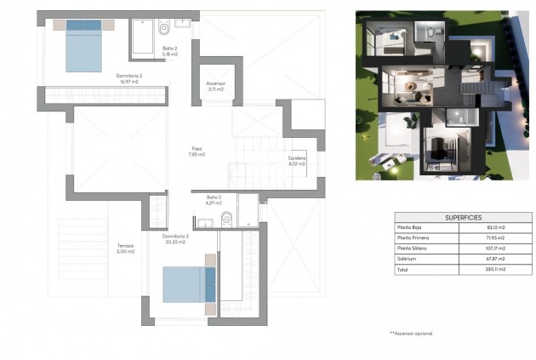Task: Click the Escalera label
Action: [296, 161]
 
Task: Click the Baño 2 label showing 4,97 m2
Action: [213, 201]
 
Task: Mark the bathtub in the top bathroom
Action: [142, 37]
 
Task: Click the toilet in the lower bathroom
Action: [226, 220]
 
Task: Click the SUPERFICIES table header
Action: [464, 217]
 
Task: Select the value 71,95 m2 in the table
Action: [495, 237]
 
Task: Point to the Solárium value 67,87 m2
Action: [495, 258]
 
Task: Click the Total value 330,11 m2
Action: [495, 269]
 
